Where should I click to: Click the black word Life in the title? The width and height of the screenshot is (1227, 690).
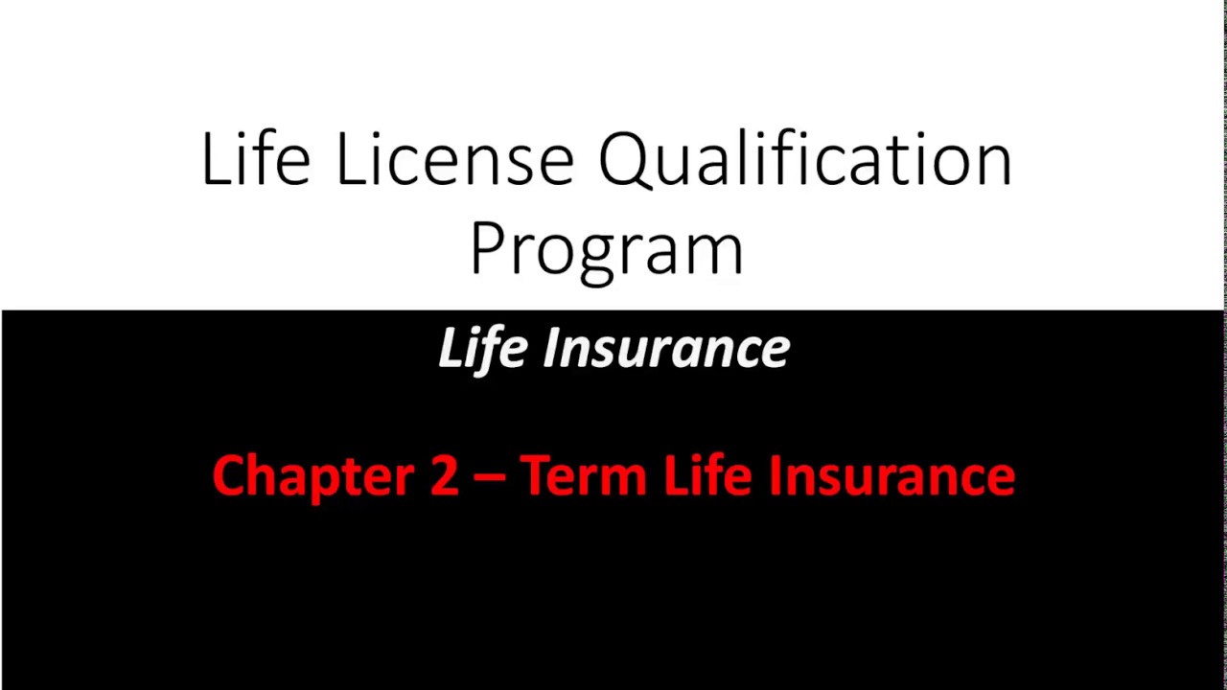click(255, 158)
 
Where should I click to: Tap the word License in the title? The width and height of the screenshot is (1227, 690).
click(453, 158)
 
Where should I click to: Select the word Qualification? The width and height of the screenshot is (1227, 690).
click(805, 158)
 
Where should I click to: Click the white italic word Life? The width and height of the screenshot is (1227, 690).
click(482, 347)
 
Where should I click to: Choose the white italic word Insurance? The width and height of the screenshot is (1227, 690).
click(666, 347)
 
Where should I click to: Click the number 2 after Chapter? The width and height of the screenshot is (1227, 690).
click(444, 476)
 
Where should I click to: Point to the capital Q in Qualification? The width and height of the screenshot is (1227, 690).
click(626, 160)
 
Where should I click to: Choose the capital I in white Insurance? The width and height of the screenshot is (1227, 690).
click(550, 347)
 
